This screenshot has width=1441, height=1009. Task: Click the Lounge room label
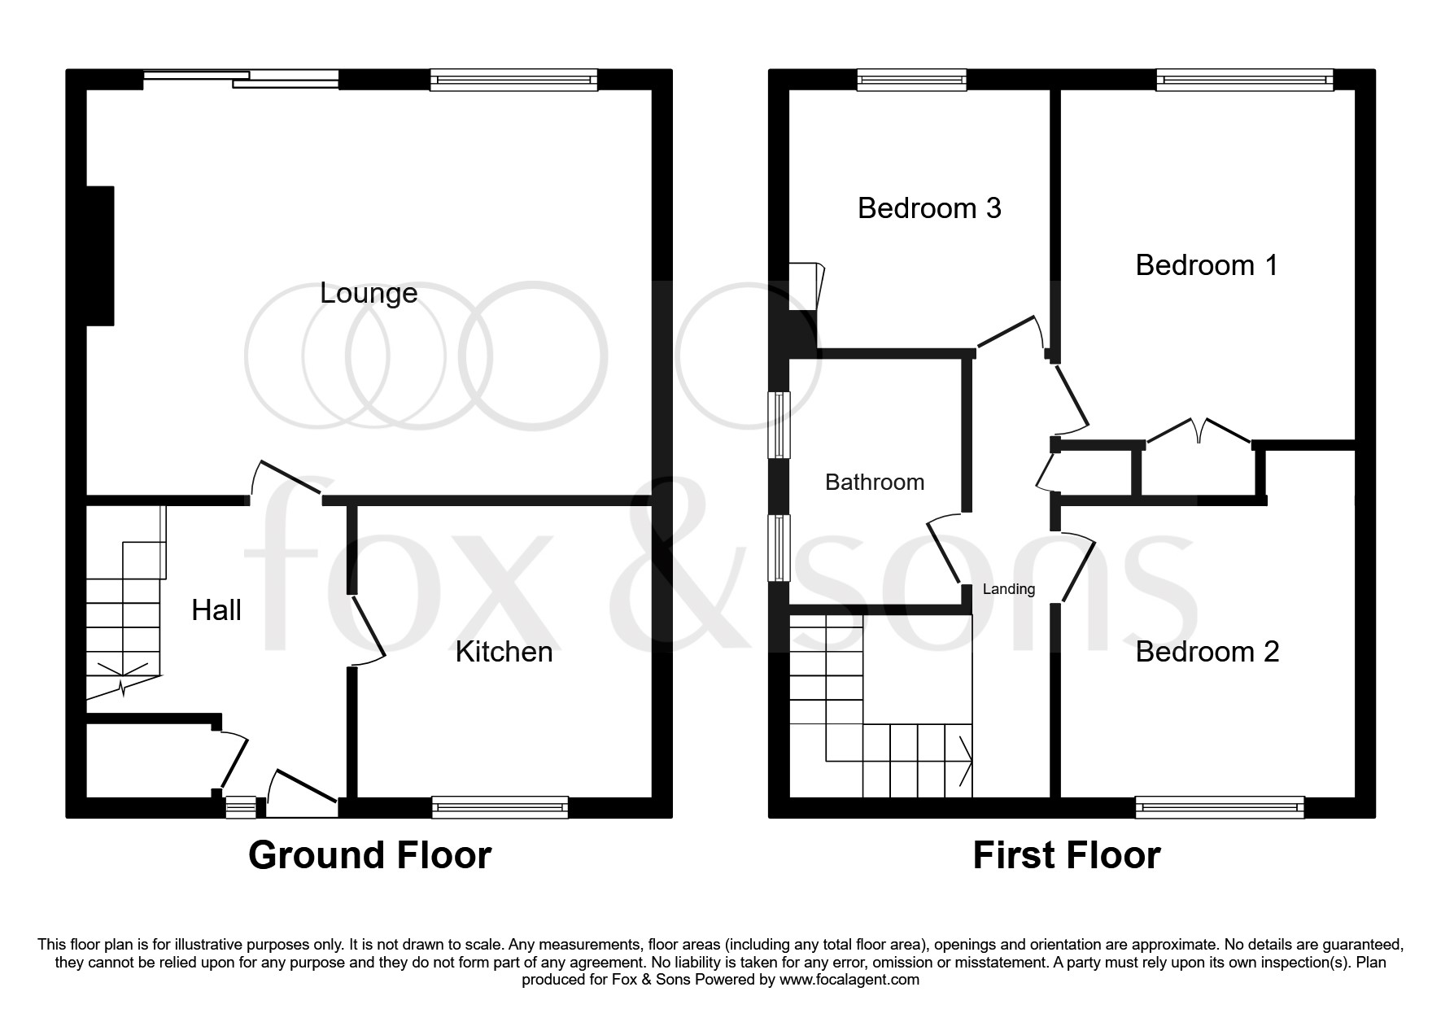click(369, 293)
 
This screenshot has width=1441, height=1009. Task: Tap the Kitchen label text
click(504, 652)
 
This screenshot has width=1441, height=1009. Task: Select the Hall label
click(216, 610)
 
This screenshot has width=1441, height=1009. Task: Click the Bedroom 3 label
click(929, 208)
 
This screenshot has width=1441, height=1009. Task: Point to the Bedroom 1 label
click(1207, 265)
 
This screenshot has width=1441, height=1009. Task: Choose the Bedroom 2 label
click(1207, 652)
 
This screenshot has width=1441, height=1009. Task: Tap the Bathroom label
click(875, 483)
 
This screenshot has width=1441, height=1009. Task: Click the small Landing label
click(1009, 589)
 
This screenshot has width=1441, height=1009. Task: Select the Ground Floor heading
click(369, 855)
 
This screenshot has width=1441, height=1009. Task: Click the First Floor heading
click(1067, 855)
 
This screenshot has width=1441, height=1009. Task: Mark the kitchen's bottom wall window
click(500, 808)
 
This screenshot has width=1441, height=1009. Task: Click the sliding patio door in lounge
click(242, 78)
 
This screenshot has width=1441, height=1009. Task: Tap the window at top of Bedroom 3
click(911, 80)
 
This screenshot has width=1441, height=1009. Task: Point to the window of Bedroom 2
click(1220, 808)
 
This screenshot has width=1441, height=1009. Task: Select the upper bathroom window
click(780, 425)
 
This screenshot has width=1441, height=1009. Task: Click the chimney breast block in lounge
click(100, 256)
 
